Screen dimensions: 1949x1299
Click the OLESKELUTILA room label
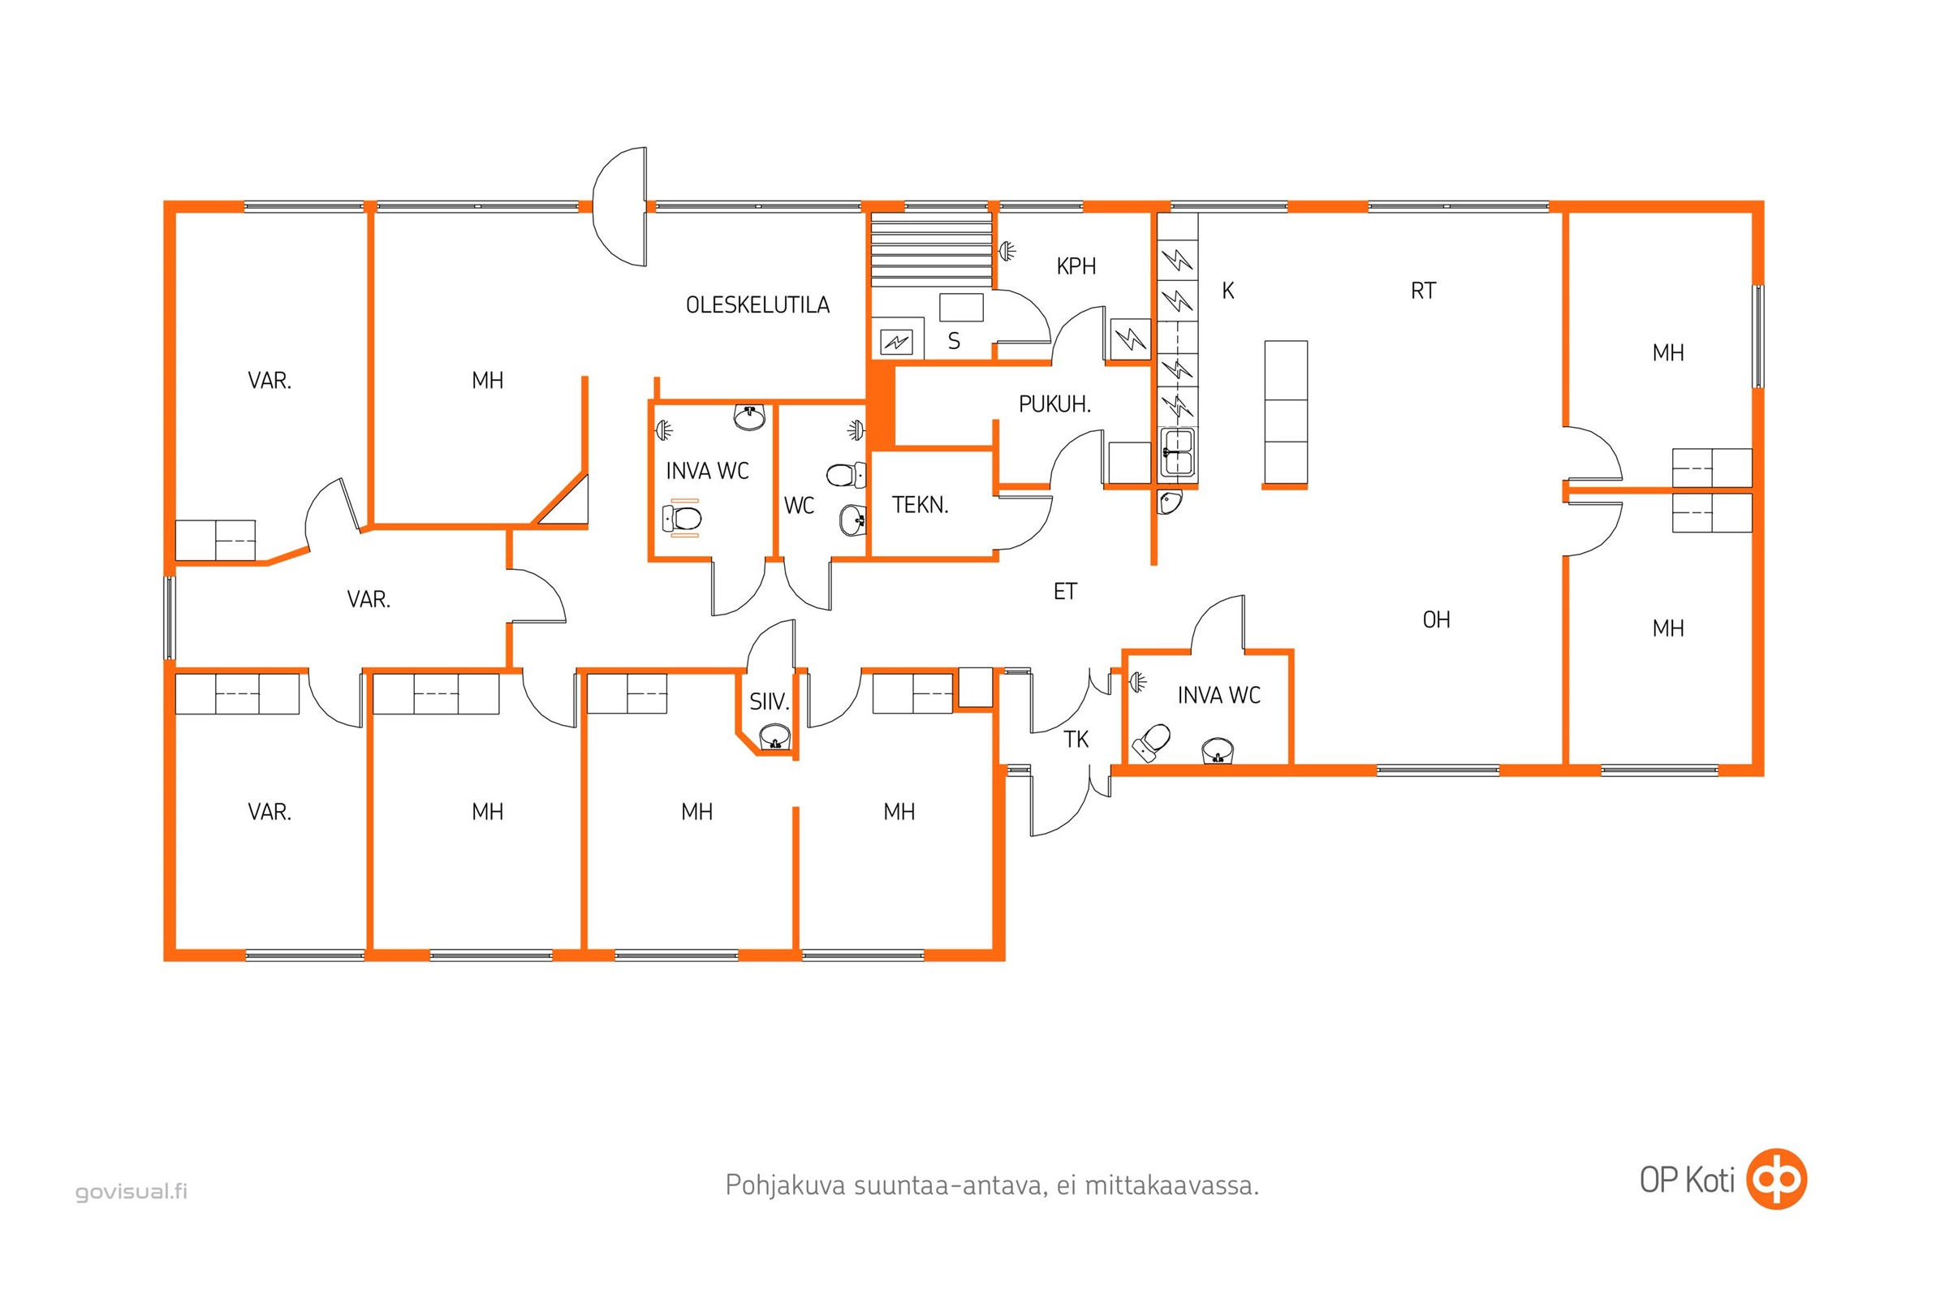(757, 305)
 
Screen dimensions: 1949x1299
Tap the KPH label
(1076, 266)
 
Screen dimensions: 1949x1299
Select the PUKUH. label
(1054, 404)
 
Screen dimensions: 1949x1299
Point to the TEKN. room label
(920, 504)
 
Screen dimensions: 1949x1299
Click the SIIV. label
(769, 701)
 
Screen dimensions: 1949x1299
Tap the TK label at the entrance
(1076, 739)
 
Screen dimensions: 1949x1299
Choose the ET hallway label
(1065, 592)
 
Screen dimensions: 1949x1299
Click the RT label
(1423, 291)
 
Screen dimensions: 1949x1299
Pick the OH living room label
(1436, 619)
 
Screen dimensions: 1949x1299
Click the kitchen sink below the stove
(1177, 452)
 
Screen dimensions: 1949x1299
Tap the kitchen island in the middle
(1286, 412)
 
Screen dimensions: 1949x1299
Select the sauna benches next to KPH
(931, 248)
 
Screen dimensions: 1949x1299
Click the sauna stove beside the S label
(896, 339)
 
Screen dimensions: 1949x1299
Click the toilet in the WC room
(846, 476)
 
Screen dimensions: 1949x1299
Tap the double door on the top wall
(619, 206)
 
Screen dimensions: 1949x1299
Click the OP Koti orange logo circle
(1776, 1179)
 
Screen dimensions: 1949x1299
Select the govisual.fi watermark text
(131, 1191)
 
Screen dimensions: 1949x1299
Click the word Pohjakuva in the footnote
(785, 1185)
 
